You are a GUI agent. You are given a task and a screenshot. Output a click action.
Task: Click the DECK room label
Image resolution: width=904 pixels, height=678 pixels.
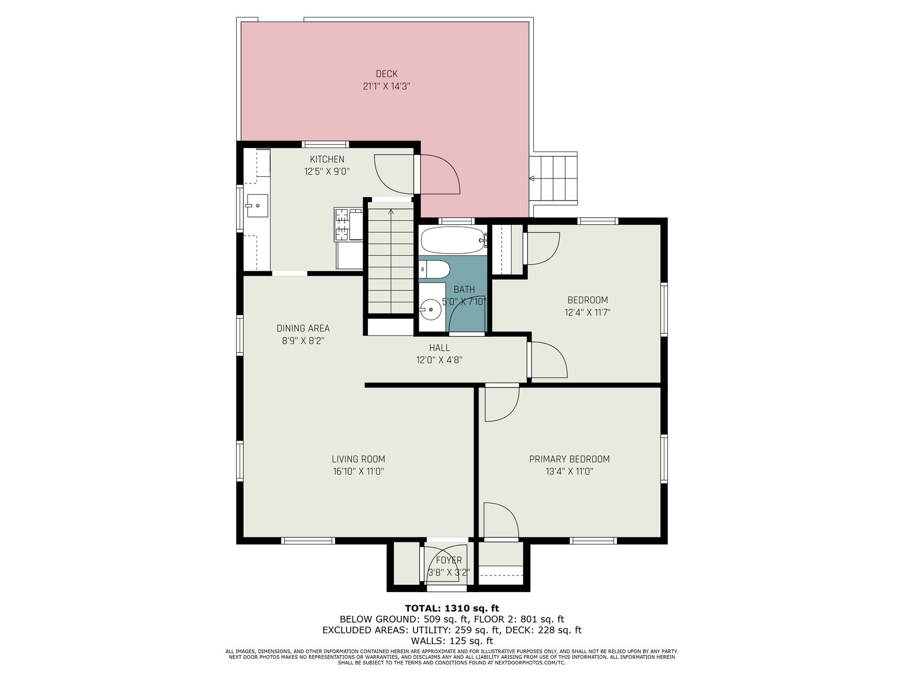(386, 73)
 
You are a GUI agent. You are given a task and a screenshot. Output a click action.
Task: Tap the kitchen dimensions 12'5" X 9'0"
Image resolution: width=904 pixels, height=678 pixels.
(327, 171)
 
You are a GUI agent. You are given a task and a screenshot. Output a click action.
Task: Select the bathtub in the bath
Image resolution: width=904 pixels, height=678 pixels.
(453, 240)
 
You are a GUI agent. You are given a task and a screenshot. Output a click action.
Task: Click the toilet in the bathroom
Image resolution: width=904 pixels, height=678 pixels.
(434, 269)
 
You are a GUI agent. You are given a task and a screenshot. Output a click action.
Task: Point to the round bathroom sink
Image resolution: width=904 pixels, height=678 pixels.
(430, 309)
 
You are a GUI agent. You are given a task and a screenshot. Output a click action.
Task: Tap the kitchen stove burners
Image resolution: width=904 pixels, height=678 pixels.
(342, 224)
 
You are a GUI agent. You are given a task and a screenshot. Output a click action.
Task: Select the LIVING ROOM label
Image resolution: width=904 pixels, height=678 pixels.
(358, 459)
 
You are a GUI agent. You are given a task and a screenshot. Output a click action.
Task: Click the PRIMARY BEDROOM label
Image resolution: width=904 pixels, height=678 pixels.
(569, 459)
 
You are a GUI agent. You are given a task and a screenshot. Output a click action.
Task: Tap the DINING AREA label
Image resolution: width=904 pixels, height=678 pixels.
(303, 328)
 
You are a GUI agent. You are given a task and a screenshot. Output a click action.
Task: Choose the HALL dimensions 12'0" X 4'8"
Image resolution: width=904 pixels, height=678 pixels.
(439, 360)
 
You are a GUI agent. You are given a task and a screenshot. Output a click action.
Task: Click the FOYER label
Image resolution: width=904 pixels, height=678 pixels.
(449, 560)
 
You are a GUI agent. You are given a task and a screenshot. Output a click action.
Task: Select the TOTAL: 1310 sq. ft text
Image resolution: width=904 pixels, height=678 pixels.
(452, 608)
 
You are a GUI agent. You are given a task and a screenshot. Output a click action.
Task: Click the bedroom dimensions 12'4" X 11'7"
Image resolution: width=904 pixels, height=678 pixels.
(587, 312)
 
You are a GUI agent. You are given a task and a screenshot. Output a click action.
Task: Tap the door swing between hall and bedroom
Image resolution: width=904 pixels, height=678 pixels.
(549, 359)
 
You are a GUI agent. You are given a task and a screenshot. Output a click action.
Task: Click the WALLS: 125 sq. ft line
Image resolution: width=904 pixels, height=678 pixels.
(452, 641)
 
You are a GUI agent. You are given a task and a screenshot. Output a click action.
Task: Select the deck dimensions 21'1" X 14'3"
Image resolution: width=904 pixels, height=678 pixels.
(386, 86)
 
